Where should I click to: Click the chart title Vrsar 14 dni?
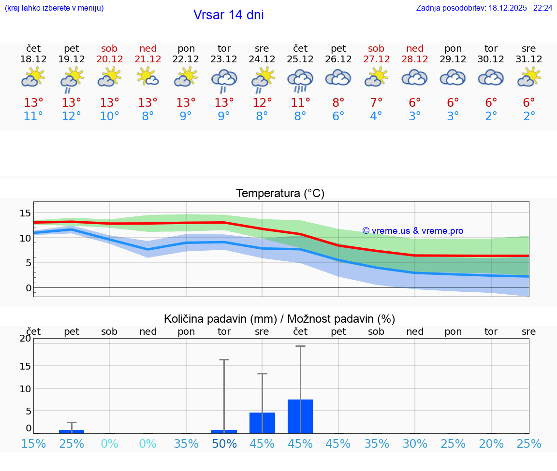click(228, 15)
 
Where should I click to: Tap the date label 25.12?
click(300, 59)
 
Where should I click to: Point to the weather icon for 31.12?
click(529, 77)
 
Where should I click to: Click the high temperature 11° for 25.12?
click(300, 102)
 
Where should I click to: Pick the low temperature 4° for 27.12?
click(376, 116)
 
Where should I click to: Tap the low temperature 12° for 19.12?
click(72, 116)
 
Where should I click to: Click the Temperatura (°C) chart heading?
click(280, 194)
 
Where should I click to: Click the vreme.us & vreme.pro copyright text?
click(413, 231)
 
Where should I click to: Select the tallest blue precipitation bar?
click(300, 416)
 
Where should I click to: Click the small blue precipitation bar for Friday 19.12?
click(72, 431)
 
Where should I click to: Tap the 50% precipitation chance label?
click(224, 444)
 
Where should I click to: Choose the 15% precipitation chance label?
click(33, 444)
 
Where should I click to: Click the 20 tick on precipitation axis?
click(26, 338)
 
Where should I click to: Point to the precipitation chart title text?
click(279, 319)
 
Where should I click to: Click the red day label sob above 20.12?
click(109, 48)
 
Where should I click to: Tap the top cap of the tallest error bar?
click(300, 346)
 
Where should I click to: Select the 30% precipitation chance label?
click(415, 444)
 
